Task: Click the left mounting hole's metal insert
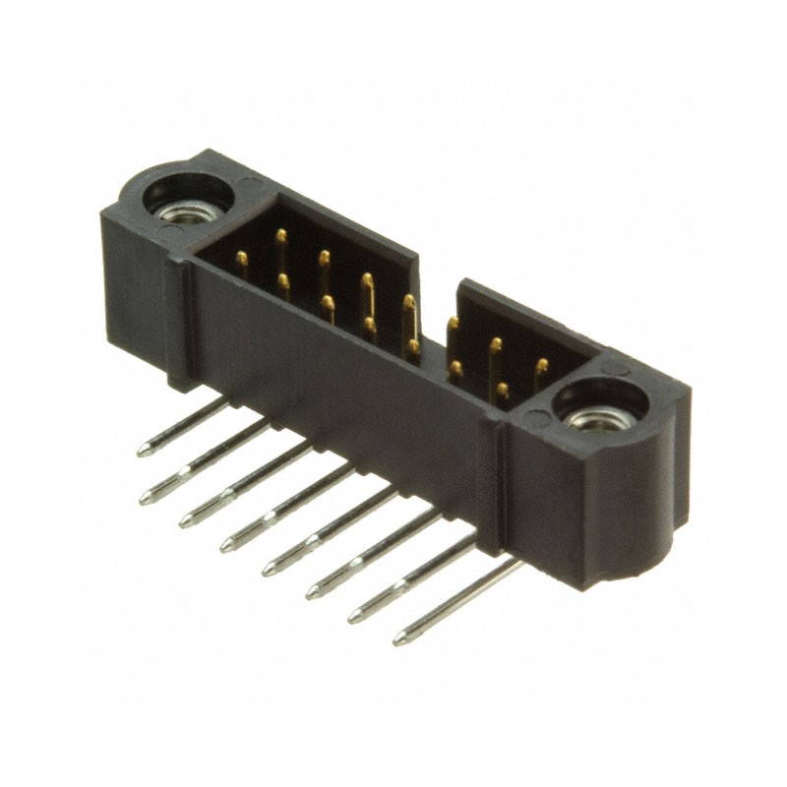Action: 184,210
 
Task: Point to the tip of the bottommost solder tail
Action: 399,641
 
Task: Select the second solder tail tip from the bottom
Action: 354,618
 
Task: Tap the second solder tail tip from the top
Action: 146,496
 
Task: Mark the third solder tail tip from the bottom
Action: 311,593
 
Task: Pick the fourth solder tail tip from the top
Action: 226,545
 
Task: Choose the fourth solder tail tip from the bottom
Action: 268,570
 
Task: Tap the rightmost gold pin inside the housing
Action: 541,367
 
